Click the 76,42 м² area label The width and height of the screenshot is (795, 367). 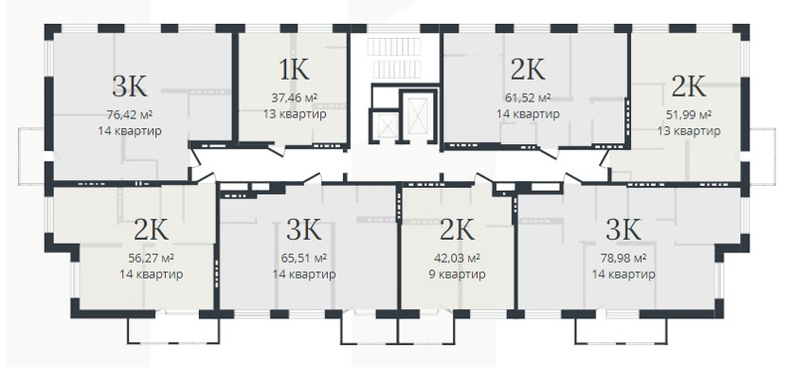(130, 113)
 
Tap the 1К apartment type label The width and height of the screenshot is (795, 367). (294, 70)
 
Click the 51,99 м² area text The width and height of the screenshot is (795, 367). (688, 114)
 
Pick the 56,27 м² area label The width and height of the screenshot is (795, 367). (151, 258)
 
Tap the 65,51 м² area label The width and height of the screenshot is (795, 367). (304, 258)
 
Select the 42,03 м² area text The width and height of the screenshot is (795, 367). (457, 258)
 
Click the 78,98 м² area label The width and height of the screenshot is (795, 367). (623, 258)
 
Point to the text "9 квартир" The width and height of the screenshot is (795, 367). (457, 275)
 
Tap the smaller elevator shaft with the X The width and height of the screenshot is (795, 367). (388, 126)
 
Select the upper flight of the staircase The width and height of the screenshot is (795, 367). (394, 47)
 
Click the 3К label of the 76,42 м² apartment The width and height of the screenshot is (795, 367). (130, 87)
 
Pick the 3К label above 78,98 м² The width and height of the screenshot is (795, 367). (624, 230)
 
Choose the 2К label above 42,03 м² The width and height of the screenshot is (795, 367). (457, 230)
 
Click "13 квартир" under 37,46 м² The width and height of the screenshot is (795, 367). (294, 114)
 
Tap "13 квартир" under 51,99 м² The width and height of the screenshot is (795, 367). (688, 131)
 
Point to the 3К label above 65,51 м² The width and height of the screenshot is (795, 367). (304, 230)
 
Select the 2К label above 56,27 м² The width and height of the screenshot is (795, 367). (151, 230)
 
